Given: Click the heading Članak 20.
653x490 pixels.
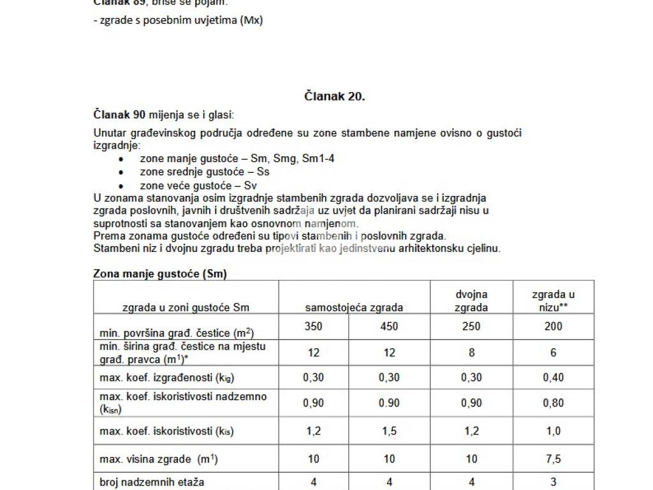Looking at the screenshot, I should pyautogui.click(x=334, y=96).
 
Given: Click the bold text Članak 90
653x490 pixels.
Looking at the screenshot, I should pyautogui.click(x=120, y=115).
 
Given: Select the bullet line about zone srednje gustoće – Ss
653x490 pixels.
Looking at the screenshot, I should pyautogui.click(x=204, y=172).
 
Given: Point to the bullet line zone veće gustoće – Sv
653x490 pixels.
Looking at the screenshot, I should pyautogui.click(x=198, y=186).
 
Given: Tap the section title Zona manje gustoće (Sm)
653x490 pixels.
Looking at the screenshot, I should pyautogui.click(x=160, y=274).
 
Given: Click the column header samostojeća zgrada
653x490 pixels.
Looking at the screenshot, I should pyautogui.click(x=354, y=308).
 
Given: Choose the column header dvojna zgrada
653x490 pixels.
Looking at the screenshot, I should pyautogui.click(x=471, y=301).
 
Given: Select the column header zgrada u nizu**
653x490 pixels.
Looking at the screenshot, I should pyautogui.click(x=553, y=301).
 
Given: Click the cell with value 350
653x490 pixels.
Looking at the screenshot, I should pyautogui.click(x=314, y=327).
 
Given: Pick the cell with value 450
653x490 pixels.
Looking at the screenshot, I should pyautogui.click(x=388, y=327).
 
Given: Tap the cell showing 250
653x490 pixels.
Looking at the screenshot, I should pyautogui.click(x=471, y=327).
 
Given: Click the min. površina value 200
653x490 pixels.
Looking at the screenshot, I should pyautogui.click(x=553, y=327).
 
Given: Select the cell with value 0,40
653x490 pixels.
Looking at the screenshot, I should pyautogui.click(x=553, y=378).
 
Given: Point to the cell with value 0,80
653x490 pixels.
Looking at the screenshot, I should pyautogui.click(x=553, y=403).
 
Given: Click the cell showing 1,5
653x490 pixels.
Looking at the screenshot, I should pyautogui.click(x=388, y=431).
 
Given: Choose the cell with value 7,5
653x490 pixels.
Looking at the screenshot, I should pyautogui.click(x=553, y=459).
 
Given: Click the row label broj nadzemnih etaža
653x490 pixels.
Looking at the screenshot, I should pyautogui.click(x=152, y=483).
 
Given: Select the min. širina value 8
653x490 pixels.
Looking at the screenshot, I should pyautogui.click(x=471, y=352).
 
